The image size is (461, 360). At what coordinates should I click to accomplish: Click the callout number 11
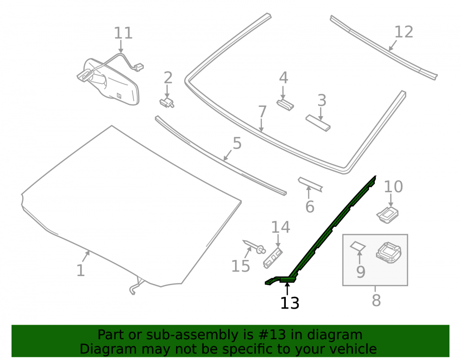pos(123,33)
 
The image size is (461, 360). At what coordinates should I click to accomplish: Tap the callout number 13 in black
pos(290,303)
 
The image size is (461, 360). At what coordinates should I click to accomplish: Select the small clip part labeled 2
pos(167,103)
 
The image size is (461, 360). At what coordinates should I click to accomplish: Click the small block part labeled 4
pos(285,105)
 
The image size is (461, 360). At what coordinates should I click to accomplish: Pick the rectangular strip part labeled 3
pos(318,123)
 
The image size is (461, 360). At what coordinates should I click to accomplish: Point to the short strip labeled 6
pos(310,184)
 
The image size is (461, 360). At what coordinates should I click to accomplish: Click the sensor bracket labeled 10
pos(388,214)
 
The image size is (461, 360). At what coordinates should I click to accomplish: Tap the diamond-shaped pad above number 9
pos(358,246)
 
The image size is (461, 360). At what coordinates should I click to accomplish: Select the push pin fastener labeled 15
pos(254,247)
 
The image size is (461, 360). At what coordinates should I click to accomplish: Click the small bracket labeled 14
pos(272,258)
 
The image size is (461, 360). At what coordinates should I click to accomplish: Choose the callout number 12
pos(404,32)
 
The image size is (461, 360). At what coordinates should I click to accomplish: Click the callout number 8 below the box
pos(376,301)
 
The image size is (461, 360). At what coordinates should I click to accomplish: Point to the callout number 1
pos(80,271)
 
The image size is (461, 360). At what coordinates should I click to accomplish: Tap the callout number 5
pos(237,143)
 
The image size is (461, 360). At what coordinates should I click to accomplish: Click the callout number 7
pos(262,112)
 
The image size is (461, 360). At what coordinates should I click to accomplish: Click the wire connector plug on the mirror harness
pos(138,67)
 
